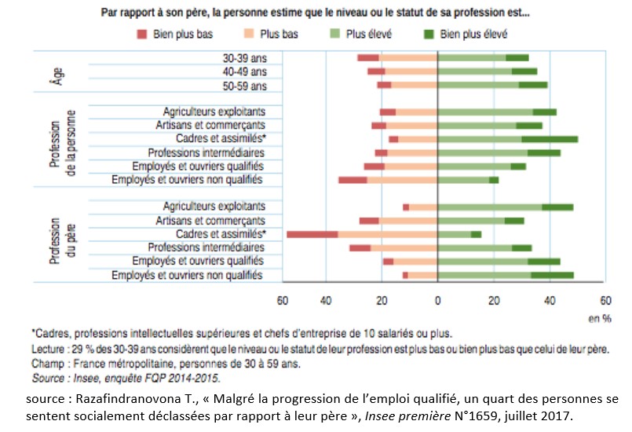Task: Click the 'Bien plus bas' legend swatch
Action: [x=142, y=34]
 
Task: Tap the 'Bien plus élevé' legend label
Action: [x=474, y=34]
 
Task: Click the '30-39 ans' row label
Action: [x=244, y=58]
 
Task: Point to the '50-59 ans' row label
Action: [x=244, y=84]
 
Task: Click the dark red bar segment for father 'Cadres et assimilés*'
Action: [x=312, y=234]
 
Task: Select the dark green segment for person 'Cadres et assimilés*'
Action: [x=561, y=139]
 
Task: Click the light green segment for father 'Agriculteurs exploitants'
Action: [x=489, y=207]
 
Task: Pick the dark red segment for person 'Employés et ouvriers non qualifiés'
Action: [x=353, y=180]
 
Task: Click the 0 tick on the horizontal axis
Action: [x=437, y=300]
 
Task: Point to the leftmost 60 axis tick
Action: [x=283, y=300]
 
